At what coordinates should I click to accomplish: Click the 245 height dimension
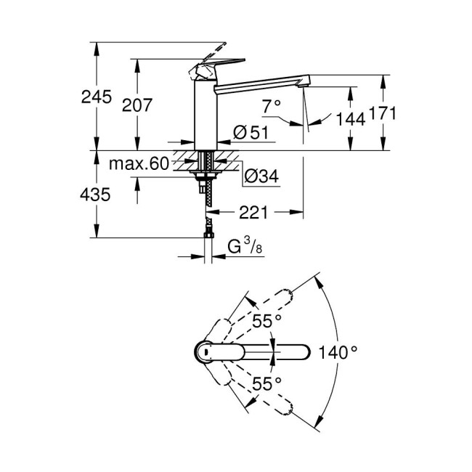[x=97, y=97]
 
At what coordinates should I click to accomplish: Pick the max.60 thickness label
[x=139, y=164]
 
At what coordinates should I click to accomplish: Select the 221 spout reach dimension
[x=254, y=212]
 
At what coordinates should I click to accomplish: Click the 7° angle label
[x=271, y=106]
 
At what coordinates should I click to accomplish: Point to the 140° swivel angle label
[x=338, y=353]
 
